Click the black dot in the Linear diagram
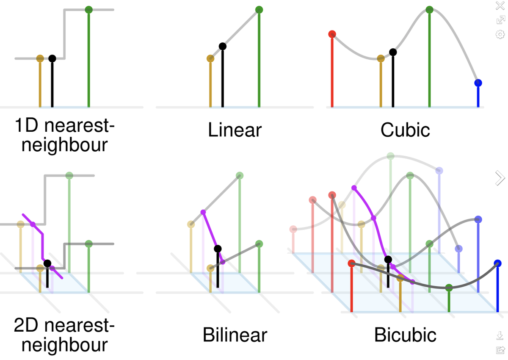(x=223, y=46)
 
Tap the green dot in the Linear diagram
(x=259, y=10)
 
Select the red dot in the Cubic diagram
(x=332, y=34)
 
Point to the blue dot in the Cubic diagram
(x=478, y=83)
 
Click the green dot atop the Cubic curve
(x=429, y=10)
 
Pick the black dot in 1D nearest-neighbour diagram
(x=52, y=58)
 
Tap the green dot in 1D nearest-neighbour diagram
(x=88, y=10)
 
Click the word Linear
(x=235, y=130)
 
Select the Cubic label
(x=405, y=130)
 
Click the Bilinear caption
(x=235, y=335)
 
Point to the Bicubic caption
(x=405, y=335)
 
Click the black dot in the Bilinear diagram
(x=218, y=249)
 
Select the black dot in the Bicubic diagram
(x=388, y=259)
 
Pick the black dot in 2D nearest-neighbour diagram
(x=47, y=263)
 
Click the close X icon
(x=500, y=6)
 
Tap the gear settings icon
(x=500, y=34)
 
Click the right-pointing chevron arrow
(x=500, y=178)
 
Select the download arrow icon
(x=500, y=336)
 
